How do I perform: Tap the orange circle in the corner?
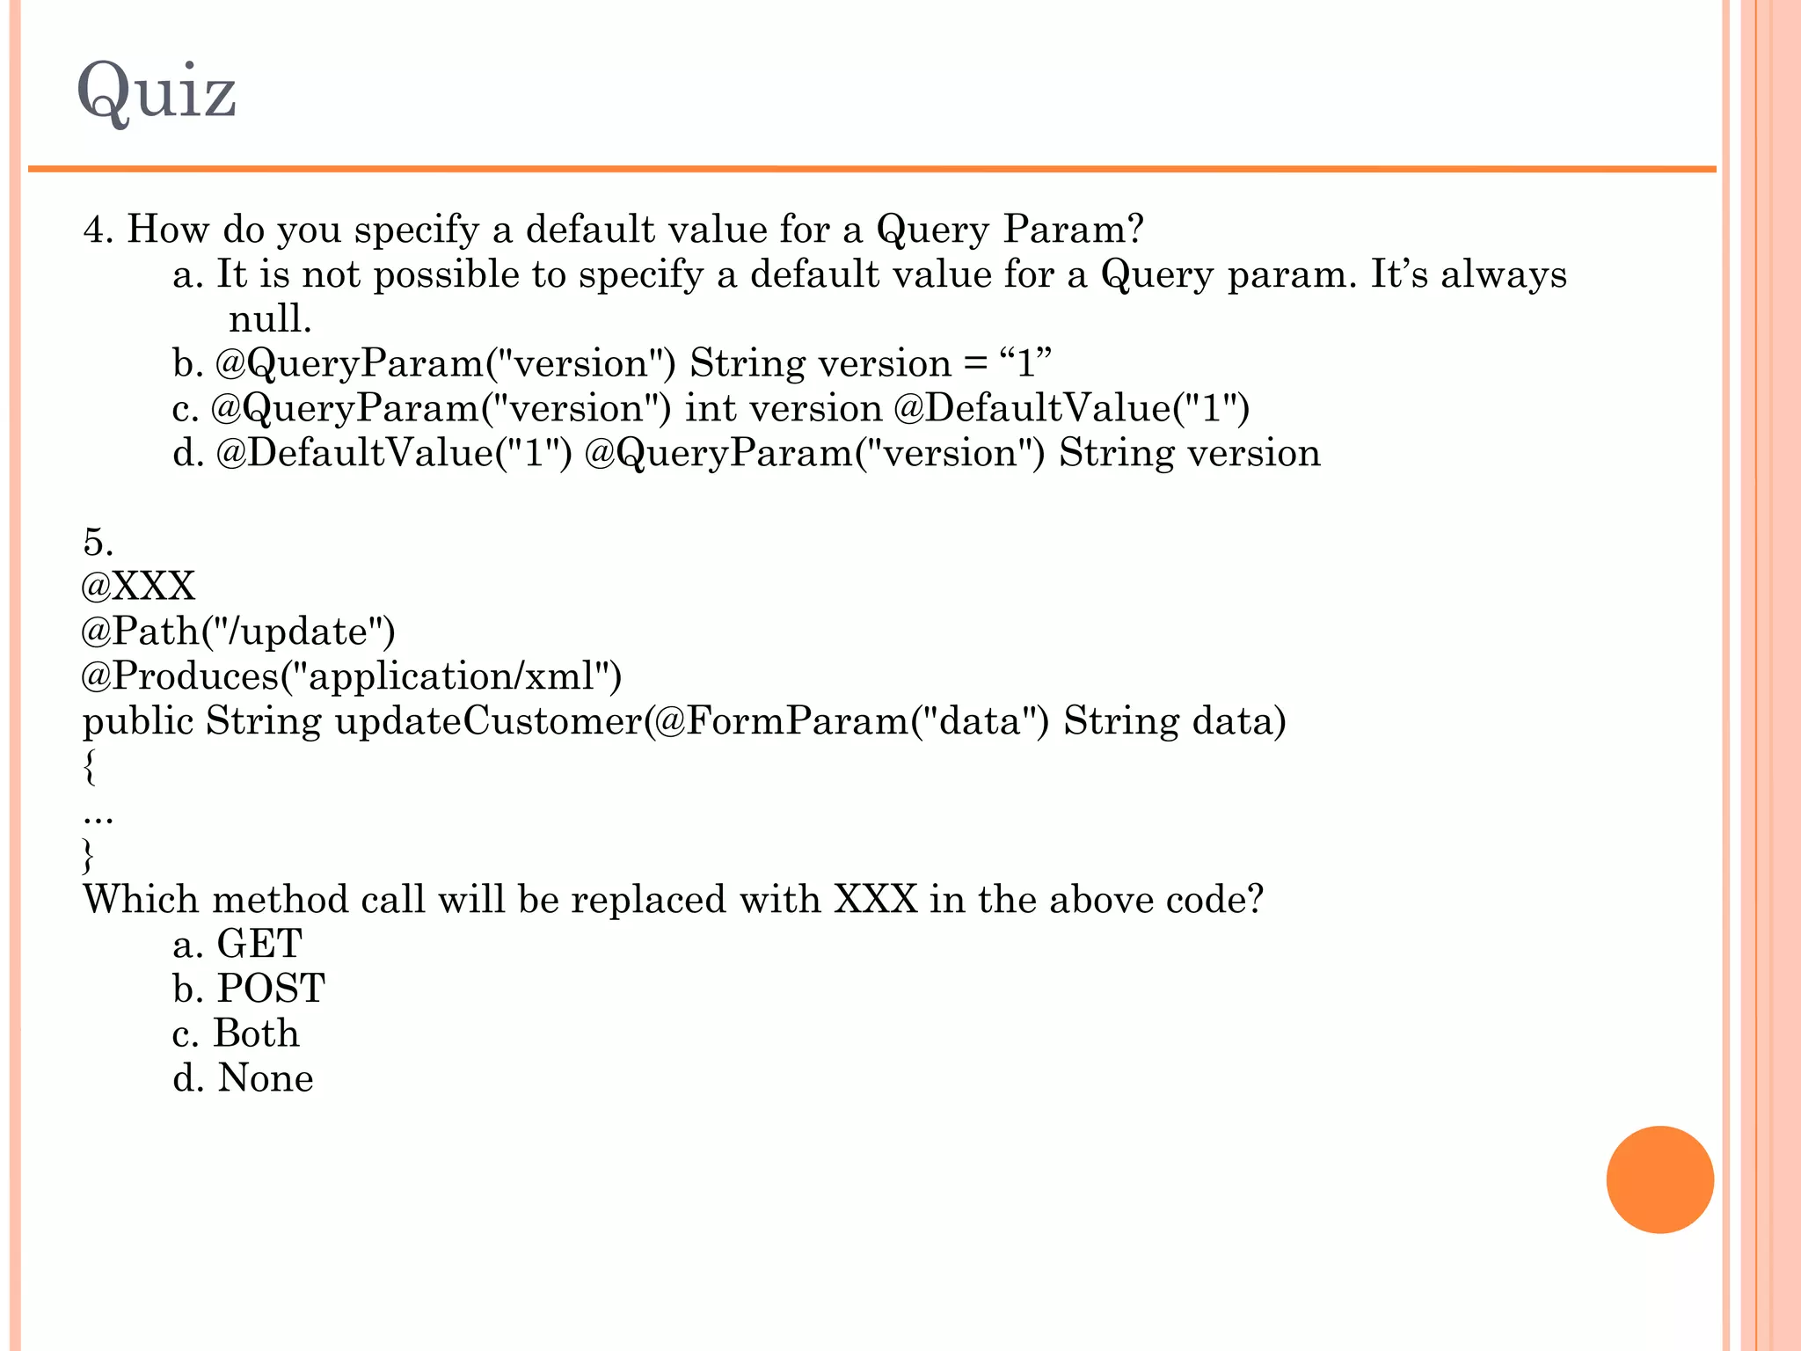[1659, 1179]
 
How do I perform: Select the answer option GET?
[259, 945]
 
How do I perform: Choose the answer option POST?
[271, 990]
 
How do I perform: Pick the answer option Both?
[257, 1034]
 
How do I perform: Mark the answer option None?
[265, 1079]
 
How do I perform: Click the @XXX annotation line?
[138, 587]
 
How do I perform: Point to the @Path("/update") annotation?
[238, 632]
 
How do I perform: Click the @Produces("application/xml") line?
[352, 676]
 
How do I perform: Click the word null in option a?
[270, 319]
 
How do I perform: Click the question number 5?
[98, 542]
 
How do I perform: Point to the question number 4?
[98, 230]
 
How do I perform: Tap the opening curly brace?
[89, 766]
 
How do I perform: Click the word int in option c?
[710, 409]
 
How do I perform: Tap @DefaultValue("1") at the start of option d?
[393, 454]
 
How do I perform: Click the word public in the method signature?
[138, 721]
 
